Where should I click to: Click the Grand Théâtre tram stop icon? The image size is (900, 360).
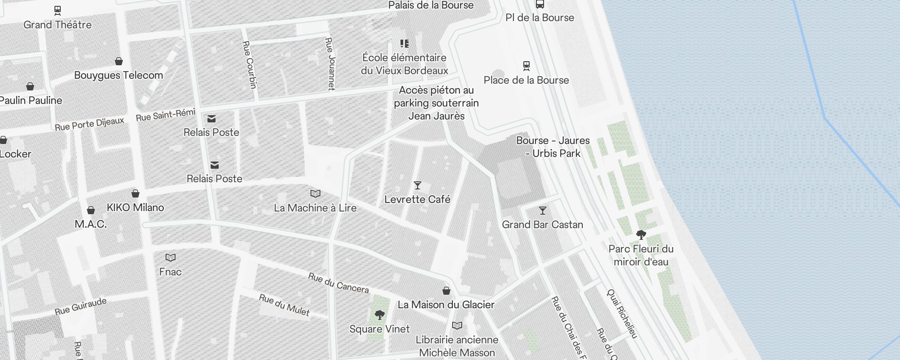point(57,10)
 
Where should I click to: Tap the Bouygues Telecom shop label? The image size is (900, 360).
point(118,75)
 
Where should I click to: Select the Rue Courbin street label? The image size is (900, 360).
point(250,64)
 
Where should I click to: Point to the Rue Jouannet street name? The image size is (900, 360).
point(331,63)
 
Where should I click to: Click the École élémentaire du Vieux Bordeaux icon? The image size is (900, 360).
point(404,44)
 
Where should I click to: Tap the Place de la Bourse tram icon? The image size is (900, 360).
point(526,66)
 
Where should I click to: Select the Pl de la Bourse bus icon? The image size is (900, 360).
point(540,4)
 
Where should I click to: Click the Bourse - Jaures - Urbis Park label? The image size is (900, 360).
point(553,147)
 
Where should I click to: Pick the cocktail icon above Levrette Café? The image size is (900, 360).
point(417,185)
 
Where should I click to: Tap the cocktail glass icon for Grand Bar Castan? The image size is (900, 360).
point(542,211)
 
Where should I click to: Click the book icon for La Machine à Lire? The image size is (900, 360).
point(315,194)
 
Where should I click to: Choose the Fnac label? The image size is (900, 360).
point(170,272)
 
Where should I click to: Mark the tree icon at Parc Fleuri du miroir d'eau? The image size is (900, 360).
point(641,234)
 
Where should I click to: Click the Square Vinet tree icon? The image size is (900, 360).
point(379,315)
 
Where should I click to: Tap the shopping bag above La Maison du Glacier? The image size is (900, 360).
point(446,291)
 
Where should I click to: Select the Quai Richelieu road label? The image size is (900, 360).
point(622,314)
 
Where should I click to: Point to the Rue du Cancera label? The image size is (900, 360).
point(338,283)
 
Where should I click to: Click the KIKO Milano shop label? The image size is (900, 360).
point(135,207)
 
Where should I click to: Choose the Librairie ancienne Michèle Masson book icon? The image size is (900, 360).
point(457,325)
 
